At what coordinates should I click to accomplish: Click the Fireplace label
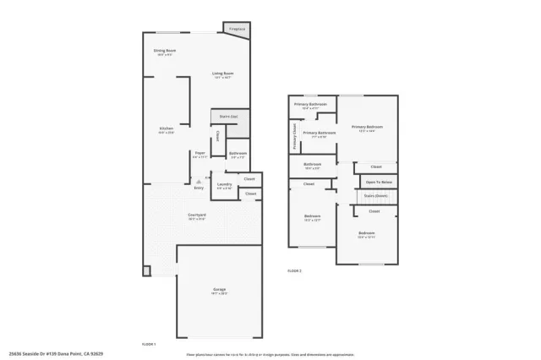pyautogui.click(x=238, y=30)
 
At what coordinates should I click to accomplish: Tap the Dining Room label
pyautogui.click(x=165, y=52)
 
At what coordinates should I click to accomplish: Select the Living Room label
pyautogui.click(x=222, y=74)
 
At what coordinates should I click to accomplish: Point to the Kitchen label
pyautogui.click(x=166, y=129)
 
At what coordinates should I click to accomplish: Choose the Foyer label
pyautogui.click(x=199, y=154)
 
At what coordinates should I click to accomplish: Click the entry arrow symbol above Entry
pyautogui.click(x=199, y=181)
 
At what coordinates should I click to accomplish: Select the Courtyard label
pyautogui.click(x=197, y=215)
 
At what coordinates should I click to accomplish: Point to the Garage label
pyautogui.click(x=219, y=291)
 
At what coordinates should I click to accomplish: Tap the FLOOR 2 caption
pyautogui.click(x=294, y=270)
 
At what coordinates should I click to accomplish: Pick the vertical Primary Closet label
pyautogui.click(x=294, y=136)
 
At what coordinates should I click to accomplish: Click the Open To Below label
pyautogui.click(x=378, y=182)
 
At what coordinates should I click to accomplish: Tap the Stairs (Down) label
pyautogui.click(x=376, y=195)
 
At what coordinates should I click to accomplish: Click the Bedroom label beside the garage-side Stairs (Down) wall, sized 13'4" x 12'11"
pyautogui.click(x=366, y=234)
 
